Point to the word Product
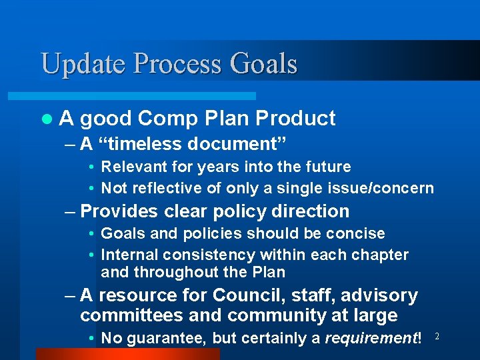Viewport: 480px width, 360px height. coord(295,119)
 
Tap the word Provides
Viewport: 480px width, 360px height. coord(117,211)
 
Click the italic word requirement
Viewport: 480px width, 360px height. coord(369,338)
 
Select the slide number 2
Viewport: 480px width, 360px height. coord(437,337)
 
